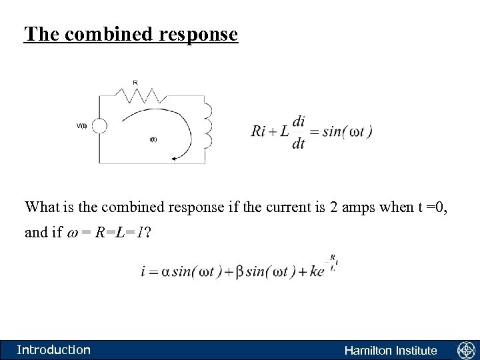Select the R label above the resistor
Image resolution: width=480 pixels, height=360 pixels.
(135, 83)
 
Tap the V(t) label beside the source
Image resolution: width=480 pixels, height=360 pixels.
(81, 126)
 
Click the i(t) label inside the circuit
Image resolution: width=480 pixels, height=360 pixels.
(153, 139)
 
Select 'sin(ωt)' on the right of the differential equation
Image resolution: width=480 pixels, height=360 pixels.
(347, 131)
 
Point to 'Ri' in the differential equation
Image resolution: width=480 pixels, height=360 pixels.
(259, 131)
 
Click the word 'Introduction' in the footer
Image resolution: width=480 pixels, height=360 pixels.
(53, 350)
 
